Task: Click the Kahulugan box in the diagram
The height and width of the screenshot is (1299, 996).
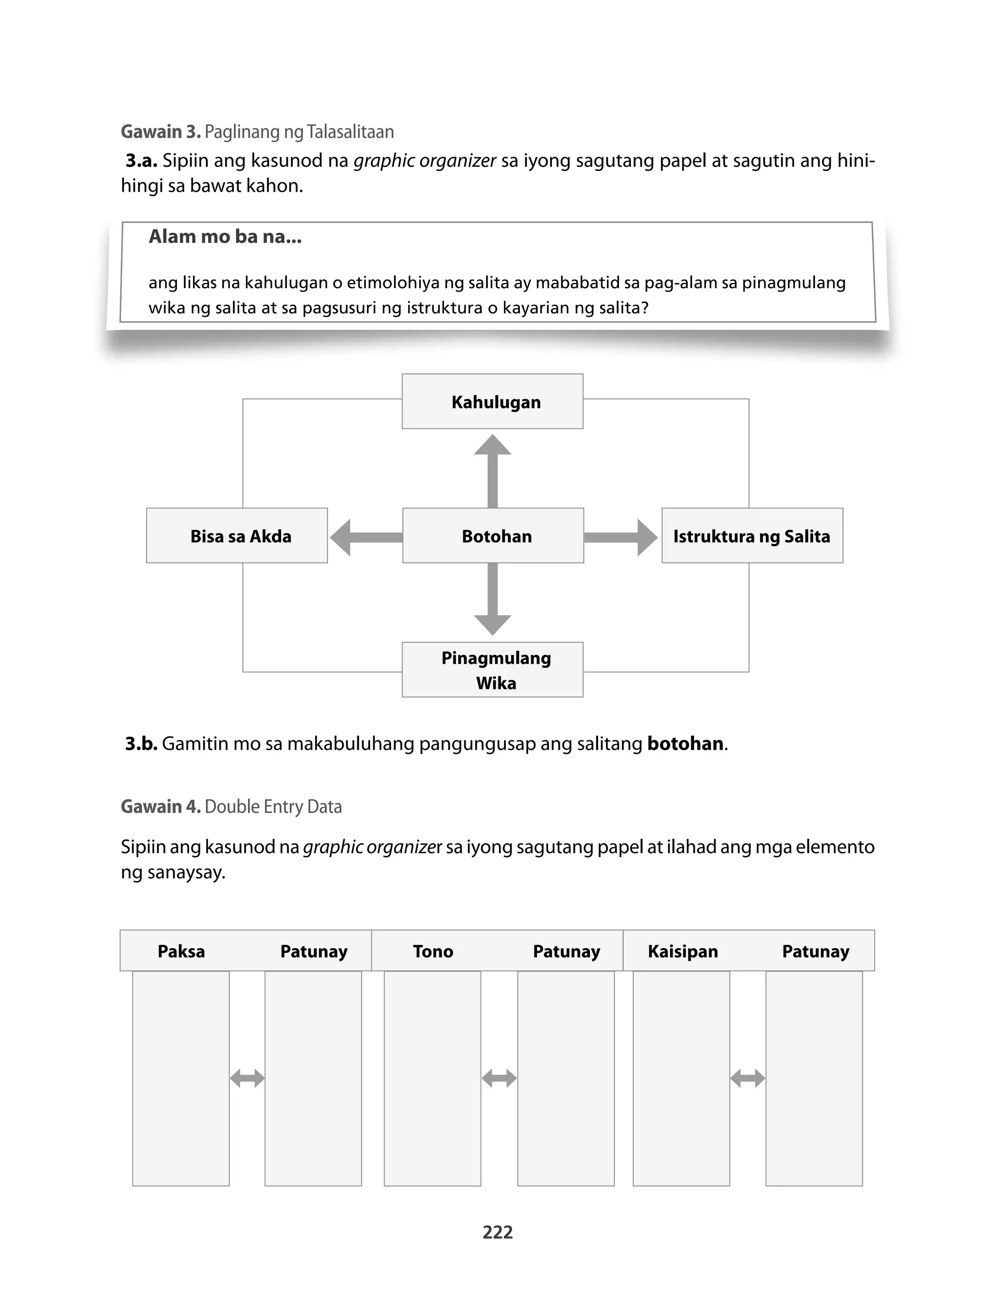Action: point(492,402)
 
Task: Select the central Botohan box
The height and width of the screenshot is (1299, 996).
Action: point(493,536)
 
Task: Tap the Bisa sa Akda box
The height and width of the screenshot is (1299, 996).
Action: point(237,536)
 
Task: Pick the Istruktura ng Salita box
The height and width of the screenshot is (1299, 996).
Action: point(752,536)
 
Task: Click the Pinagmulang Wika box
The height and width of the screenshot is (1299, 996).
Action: point(492,670)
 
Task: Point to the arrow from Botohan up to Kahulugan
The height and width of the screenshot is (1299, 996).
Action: point(492,472)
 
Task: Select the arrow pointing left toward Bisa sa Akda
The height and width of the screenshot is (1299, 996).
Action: point(365,537)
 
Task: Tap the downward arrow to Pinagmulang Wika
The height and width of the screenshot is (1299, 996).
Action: point(492,599)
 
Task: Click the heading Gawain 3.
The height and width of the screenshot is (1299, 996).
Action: point(160,132)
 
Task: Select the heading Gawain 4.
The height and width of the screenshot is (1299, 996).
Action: point(160,806)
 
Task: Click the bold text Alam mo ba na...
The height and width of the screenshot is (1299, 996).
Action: point(225,237)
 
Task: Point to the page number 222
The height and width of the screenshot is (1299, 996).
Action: point(498,1232)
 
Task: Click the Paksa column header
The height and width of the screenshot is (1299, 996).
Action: point(181,951)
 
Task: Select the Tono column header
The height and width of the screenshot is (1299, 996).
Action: point(433,951)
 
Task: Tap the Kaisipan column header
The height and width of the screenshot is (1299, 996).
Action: point(682,951)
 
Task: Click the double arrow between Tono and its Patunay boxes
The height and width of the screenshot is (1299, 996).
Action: point(499,1078)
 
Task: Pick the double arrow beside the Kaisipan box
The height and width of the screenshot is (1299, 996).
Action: point(747,1078)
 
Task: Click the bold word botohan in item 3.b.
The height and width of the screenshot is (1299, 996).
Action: point(685,744)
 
